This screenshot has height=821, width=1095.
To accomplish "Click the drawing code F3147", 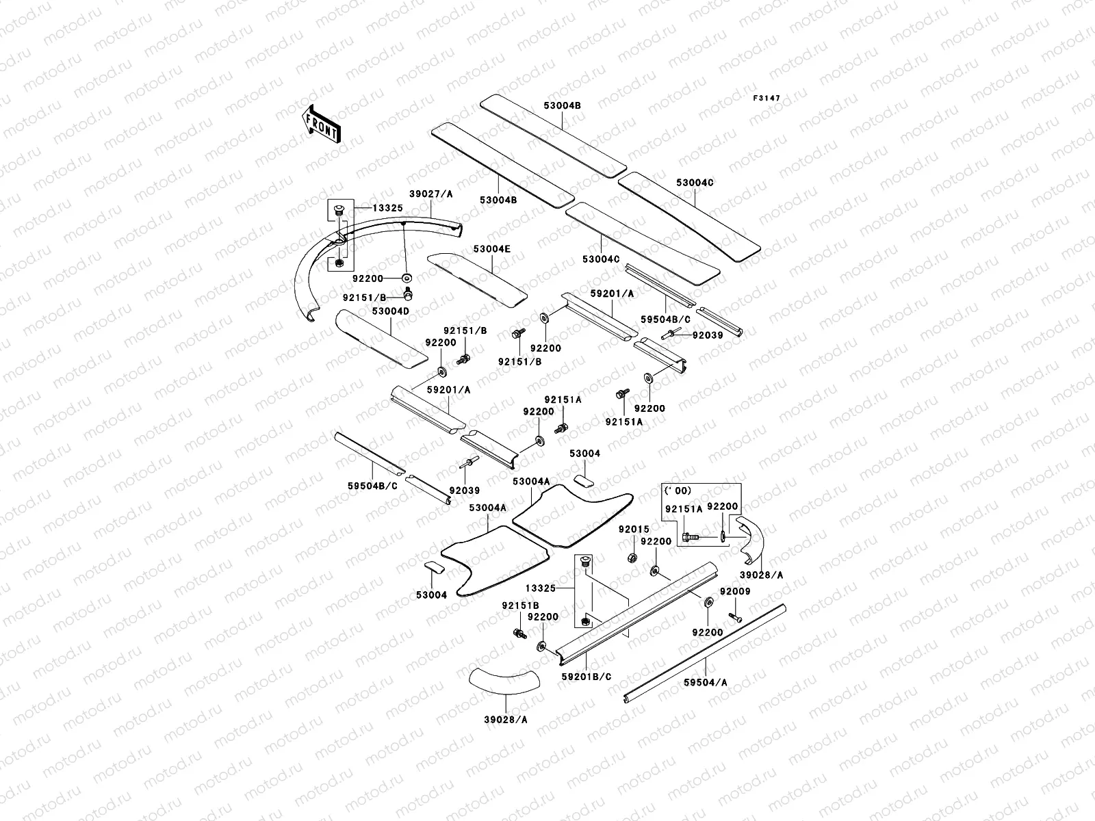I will click(x=766, y=99).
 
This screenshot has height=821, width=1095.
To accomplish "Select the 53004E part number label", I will click(x=491, y=249).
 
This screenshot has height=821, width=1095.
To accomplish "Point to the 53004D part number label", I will click(x=391, y=311).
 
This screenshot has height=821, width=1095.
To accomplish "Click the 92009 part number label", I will click(x=735, y=591).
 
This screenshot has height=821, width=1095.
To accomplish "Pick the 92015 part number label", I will click(x=634, y=530).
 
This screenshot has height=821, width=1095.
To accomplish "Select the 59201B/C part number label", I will click(x=587, y=676).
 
